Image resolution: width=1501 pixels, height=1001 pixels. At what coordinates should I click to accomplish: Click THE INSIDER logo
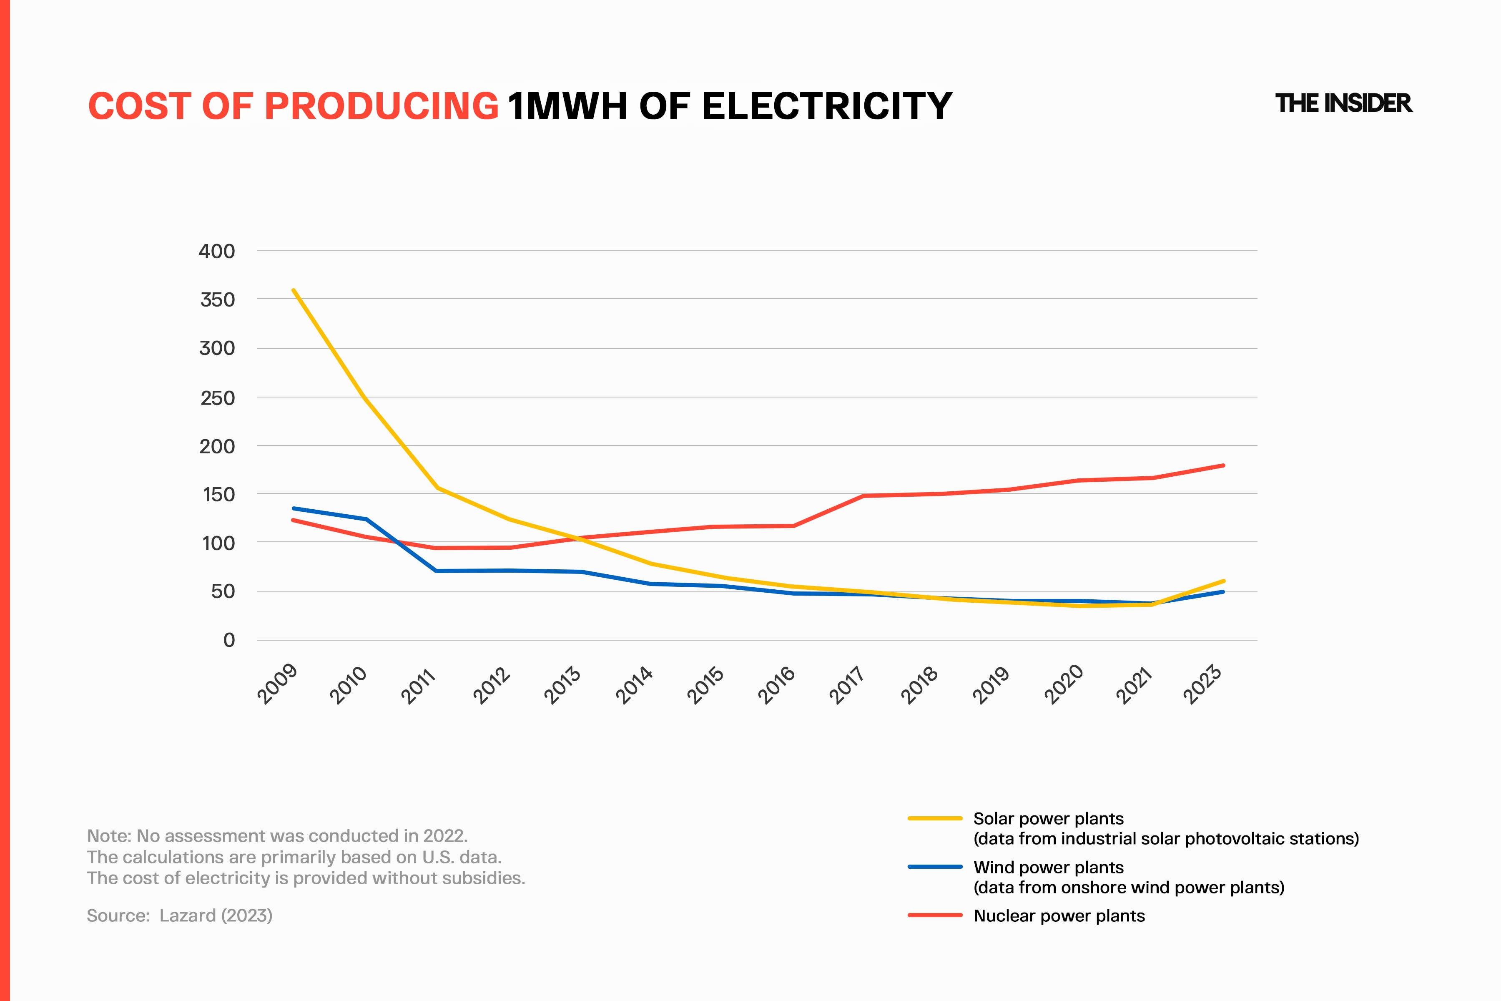point(1343,103)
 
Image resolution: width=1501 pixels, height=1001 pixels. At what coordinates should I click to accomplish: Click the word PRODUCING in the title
point(381,106)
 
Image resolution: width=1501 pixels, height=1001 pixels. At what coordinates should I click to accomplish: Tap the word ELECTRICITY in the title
point(827,106)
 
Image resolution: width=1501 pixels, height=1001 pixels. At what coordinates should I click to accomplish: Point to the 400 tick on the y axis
point(217,251)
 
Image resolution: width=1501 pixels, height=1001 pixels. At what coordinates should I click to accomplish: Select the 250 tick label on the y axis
point(217,398)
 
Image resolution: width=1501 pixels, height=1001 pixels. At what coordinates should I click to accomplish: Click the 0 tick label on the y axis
point(229,640)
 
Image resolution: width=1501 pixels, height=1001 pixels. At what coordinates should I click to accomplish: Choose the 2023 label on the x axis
point(1202,684)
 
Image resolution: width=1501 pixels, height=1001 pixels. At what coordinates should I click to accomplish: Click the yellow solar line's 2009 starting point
point(294,290)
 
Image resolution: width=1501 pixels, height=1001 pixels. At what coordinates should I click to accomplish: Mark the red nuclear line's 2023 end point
point(1223,465)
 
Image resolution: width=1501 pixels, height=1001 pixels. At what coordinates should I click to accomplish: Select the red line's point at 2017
point(864,495)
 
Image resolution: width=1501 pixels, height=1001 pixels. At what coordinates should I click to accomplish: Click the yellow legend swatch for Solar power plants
point(935,818)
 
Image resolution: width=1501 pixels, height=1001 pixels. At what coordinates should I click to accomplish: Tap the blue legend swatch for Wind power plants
point(935,866)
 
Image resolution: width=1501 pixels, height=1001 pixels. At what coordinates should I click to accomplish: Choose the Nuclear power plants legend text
point(1059,915)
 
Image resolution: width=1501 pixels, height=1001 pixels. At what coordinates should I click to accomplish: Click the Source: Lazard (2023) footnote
point(179,915)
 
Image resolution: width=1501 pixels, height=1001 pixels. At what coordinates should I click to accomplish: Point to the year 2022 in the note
point(445,836)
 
